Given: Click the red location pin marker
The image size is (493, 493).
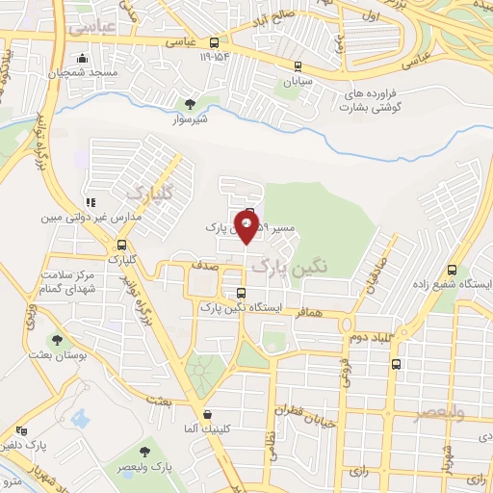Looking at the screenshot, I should point(247,228).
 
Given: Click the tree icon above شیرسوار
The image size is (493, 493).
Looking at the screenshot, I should point(190,103).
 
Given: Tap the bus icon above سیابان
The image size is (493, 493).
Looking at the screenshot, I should point(297,67).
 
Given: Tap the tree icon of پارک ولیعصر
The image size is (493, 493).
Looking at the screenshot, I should point(144,453).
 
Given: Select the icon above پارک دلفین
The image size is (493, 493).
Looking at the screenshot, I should point(22,430).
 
